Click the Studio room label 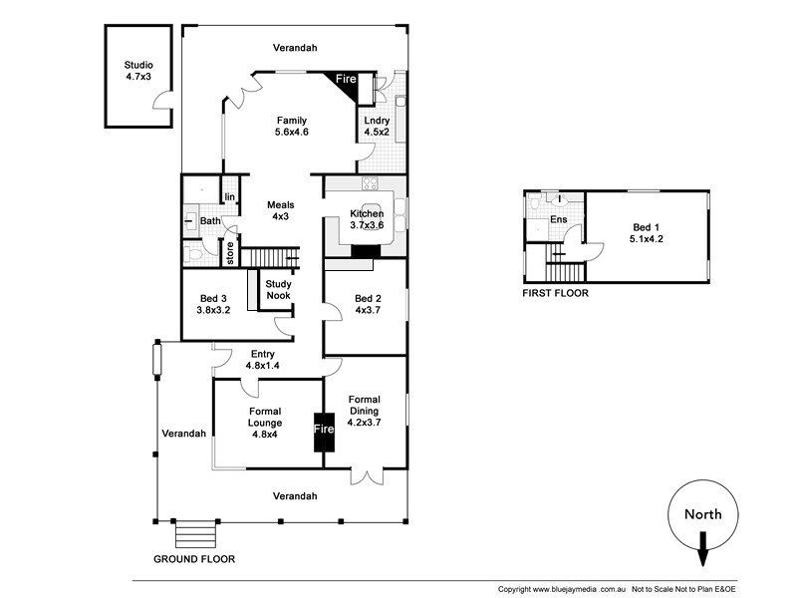click(138, 70)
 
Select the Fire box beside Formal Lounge click(324, 430)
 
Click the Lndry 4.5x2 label click(377, 127)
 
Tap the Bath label click(209, 221)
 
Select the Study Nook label click(277, 290)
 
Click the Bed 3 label click(214, 304)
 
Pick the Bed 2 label click(368, 304)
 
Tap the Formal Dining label click(364, 411)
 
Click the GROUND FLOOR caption click(194, 559)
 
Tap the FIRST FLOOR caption click(556, 294)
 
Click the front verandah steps click(194, 534)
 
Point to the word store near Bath click(229, 254)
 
